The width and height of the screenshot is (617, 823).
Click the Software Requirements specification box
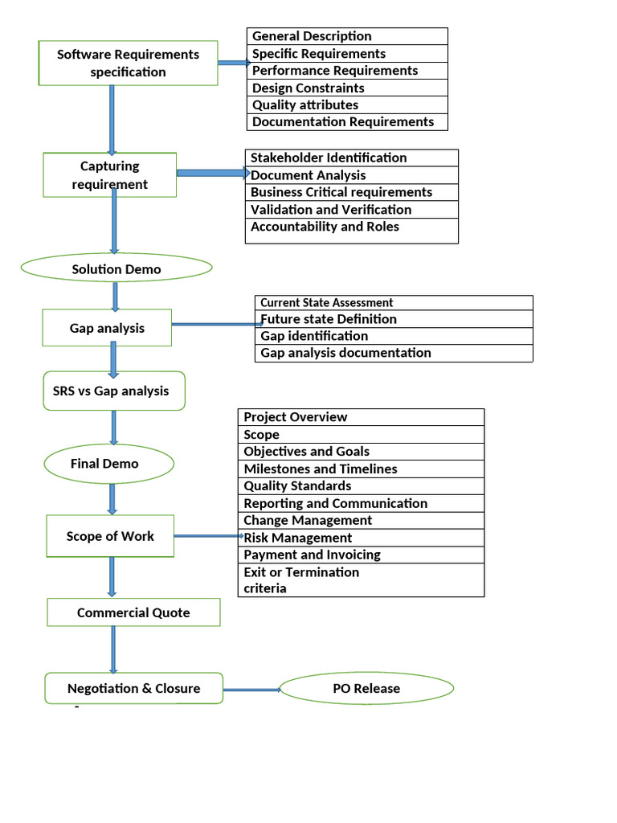(x=128, y=63)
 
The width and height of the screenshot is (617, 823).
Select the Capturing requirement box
(x=109, y=175)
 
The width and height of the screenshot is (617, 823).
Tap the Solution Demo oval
(x=116, y=268)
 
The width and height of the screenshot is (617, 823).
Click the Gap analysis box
(x=107, y=328)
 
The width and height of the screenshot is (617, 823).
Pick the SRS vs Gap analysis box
(x=113, y=391)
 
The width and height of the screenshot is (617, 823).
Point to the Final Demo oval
(x=108, y=464)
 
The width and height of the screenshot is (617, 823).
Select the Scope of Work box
(x=110, y=536)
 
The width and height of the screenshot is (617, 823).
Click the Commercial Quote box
(x=133, y=612)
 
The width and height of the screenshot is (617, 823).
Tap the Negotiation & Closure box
(x=133, y=688)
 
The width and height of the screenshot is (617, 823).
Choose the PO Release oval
(x=366, y=689)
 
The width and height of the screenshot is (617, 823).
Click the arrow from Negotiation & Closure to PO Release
(x=251, y=690)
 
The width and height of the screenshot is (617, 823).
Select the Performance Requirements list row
(x=347, y=71)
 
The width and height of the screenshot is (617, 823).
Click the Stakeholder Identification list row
(x=351, y=158)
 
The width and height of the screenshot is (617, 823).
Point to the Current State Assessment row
(x=394, y=303)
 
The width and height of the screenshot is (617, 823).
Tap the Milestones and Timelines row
(x=361, y=469)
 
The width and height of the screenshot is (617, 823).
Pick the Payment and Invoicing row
(x=361, y=555)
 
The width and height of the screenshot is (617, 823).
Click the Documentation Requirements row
(x=347, y=122)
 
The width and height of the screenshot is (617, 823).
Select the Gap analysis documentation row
(x=394, y=353)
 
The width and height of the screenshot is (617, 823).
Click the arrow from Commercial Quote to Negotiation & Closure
(x=113, y=649)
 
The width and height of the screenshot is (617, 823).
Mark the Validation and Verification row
(x=351, y=210)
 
